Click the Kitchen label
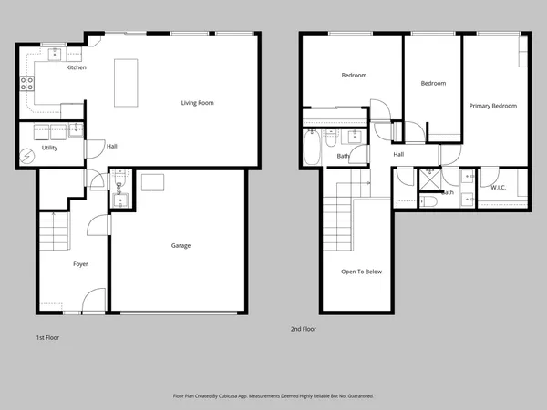pyautogui.click(x=77, y=67)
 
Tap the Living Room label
pyautogui.click(x=197, y=103)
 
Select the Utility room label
pyautogui.click(x=49, y=148)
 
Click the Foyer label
pyautogui.click(x=81, y=264)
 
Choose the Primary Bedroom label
pyautogui.click(x=492, y=106)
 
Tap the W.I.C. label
pyautogui.click(x=498, y=188)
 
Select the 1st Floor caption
pyautogui.click(x=47, y=337)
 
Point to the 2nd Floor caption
pyautogui.click(x=303, y=328)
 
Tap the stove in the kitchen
pyautogui.click(x=26, y=84)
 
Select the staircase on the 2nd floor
pyautogui.click(x=339, y=219)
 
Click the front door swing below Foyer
pyautogui.click(x=94, y=301)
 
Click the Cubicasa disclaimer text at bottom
pyautogui.click(x=273, y=396)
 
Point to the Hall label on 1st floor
pyautogui.click(x=111, y=147)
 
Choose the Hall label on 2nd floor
pyautogui.click(x=398, y=154)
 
